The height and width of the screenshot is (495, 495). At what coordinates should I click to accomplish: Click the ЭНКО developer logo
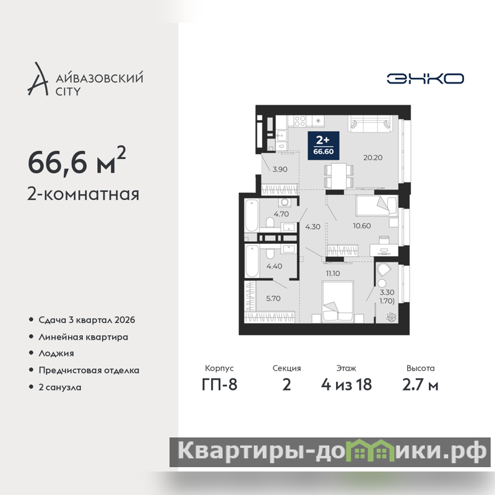pyautogui.click(x=425, y=79)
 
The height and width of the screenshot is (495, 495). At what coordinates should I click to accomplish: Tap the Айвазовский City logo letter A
pyautogui.click(x=38, y=79)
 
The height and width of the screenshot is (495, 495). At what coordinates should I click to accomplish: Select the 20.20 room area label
pyautogui.click(x=373, y=158)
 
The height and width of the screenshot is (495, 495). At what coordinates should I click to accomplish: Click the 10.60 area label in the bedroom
pyautogui.click(x=362, y=226)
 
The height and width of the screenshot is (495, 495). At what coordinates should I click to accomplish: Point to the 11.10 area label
pyautogui.click(x=333, y=273)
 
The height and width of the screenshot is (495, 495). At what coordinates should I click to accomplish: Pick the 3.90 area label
pyautogui.click(x=280, y=170)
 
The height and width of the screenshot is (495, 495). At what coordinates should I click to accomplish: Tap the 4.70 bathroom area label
pyautogui.click(x=282, y=214)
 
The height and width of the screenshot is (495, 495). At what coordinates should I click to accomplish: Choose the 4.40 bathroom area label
pyautogui.click(x=274, y=266)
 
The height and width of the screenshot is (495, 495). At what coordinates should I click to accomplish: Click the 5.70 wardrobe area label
pyautogui.click(x=273, y=298)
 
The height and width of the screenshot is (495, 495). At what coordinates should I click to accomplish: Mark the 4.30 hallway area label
pyautogui.click(x=313, y=226)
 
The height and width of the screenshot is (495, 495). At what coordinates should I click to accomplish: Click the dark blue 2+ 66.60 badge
pyautogui.click(x=324, y=145)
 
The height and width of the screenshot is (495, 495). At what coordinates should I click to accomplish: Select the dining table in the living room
pyautogui.click(x=338, y=176)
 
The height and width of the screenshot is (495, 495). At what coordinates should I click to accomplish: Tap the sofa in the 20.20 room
pyautogui.click(x=370, y=123)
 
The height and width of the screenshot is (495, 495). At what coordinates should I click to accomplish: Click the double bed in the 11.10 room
pyautogui.click(x=337, y=302)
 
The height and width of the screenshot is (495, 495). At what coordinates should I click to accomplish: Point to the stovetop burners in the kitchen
pyautogui.click(x=300, y=121)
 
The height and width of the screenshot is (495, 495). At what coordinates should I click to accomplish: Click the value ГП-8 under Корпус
pyautogui.click(x=220, y=384)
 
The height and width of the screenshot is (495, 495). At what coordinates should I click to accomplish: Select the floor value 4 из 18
pyautogui.click(x=346, y=384)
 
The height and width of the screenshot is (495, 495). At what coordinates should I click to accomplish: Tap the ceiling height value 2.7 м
pyautogui.click(x=420, y=384)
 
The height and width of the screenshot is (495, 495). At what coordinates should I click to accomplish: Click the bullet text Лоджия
pyautogui.click(x=56, y=353)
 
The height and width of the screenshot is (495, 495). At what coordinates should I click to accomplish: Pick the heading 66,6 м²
pyautogui.click(x=77, y=161)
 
